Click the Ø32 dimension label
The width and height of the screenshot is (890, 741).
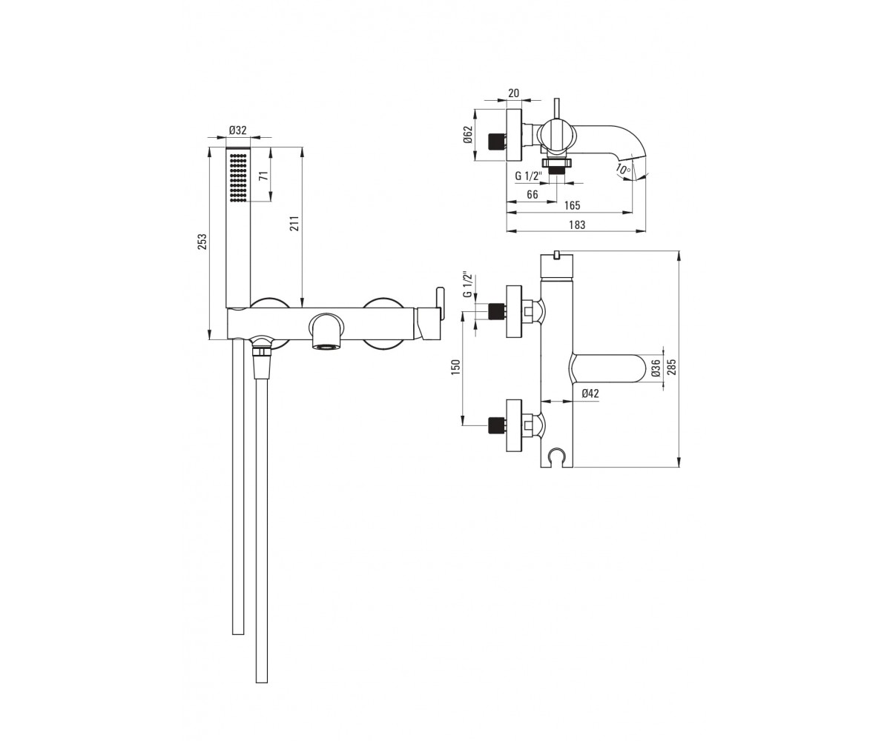click(238, 130)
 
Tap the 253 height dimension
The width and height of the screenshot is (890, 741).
click(203, 242)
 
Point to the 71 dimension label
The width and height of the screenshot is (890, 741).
click(264, 175)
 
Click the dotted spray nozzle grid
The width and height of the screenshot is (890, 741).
click(238, 177)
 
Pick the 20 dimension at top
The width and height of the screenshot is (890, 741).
click(514, 93)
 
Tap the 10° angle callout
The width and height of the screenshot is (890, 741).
click(623, 170)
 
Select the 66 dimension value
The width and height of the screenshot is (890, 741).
click(533, 195)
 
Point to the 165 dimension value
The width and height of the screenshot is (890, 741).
click(572, 206)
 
